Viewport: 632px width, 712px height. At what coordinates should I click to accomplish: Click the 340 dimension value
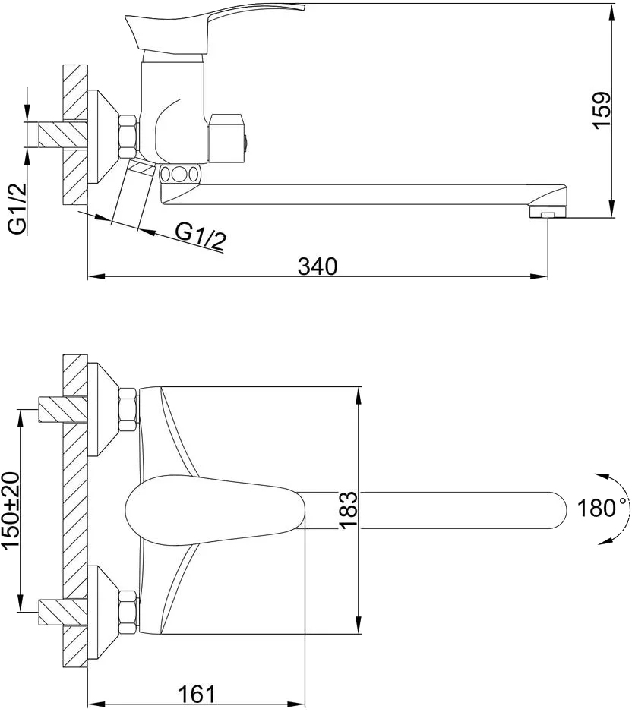click(318, 266)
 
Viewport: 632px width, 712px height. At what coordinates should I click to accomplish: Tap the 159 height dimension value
click(602, 111)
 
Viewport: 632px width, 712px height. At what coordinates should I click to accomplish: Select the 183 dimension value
click(349, 509)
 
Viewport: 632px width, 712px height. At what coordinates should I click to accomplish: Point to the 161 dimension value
click(197, 694)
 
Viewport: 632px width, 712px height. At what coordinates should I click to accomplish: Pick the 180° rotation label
click(601, 508)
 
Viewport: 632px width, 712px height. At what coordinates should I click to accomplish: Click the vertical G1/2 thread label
click(17, 209)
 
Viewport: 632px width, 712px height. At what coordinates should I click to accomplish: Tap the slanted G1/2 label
click(201, 238)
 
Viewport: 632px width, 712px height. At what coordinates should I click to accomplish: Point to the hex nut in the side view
click(128, 137)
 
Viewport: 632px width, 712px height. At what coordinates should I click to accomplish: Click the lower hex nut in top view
click(128, 613)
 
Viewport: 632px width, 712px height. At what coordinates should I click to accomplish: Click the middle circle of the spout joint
click(180, 175)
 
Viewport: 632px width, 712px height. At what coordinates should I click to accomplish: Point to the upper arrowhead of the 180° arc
click(601, 475)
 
